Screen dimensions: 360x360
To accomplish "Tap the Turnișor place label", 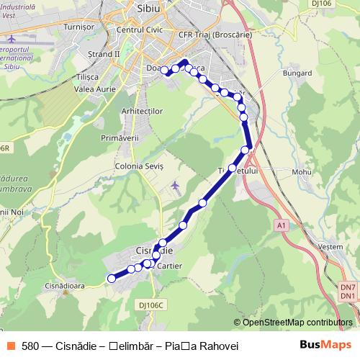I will point(79,26).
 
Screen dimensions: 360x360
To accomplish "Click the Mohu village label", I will point(300,172).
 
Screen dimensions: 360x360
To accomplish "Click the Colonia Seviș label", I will point(140,166).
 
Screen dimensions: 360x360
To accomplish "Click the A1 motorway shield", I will point(282,226).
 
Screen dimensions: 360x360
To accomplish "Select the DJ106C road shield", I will point(152,305).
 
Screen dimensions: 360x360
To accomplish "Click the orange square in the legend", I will point(12,346).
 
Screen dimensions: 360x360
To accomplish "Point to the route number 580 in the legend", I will point(30,346).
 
